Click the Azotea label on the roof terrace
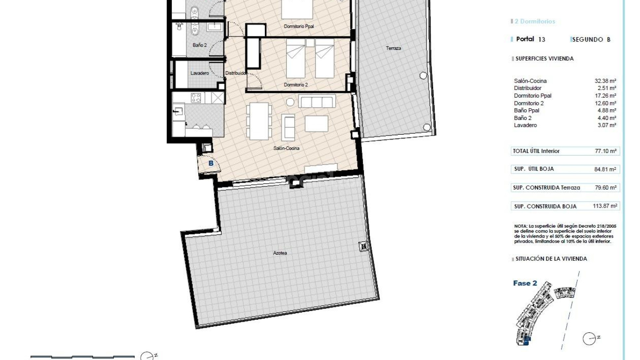click(x=280, y=253)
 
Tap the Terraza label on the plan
click(x=393, y=48)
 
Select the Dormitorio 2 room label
click(x=296, y=85)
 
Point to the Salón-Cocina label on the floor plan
click(x=286, y=148)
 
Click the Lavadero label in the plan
click(x=200, y=73)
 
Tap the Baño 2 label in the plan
click(x=200, y=45)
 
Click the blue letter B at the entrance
click(x=211, y=163)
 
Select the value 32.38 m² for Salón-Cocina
click(x=605, y=81)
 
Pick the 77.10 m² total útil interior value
click(x=606, y=151)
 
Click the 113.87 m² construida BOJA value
click(x=605, y=206)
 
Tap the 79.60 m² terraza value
click(x=606, y=188)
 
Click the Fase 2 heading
click(x=525, y=283)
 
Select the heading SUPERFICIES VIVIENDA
click(x=544, y=59)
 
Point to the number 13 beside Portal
click(x=542, y=40)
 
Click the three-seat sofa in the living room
click(x=317, y=101)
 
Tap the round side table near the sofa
click(x=290, y=102)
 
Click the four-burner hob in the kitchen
click(x=196, y=98)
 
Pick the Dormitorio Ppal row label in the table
click(x=533, y=96)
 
